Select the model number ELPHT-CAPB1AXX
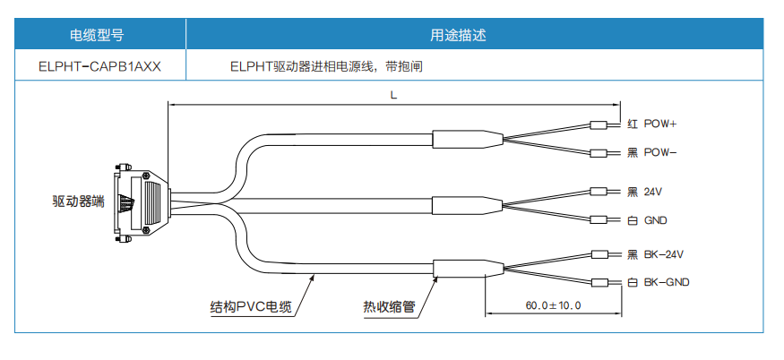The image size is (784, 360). tap(100, 65)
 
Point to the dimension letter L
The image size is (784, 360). tap(394, 94)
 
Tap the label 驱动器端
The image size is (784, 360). tap(79, 201)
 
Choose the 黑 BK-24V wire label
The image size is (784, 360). tap(658, 254)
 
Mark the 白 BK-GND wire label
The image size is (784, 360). tap(659, 283)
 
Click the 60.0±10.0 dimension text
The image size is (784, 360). tap(553, 306)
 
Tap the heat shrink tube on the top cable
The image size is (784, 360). tap(464, 139)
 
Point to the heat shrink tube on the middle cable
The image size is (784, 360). tap(464, 205)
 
